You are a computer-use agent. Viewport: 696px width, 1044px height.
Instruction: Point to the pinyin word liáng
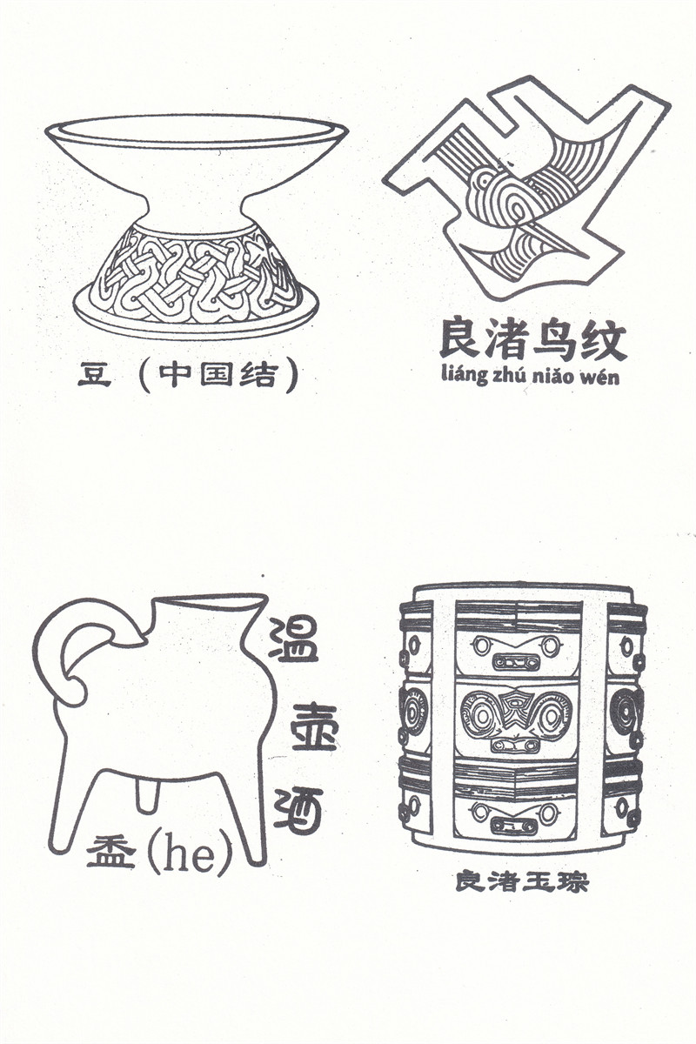461,374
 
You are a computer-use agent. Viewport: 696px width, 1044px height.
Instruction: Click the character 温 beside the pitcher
295,637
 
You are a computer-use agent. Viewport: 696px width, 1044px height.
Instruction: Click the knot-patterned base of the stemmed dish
197,275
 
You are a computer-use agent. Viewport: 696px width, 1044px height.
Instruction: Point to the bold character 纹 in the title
602,339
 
